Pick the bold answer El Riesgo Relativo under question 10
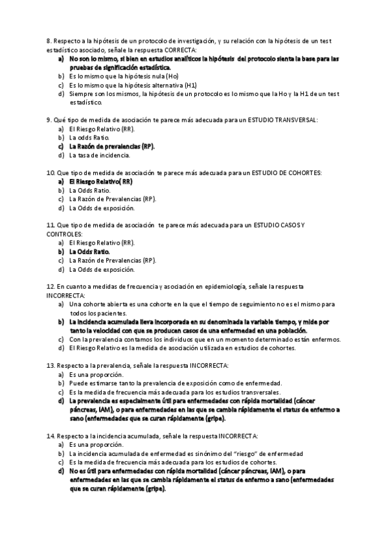tap(100, 182)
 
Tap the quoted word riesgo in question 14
tap(225, 453)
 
